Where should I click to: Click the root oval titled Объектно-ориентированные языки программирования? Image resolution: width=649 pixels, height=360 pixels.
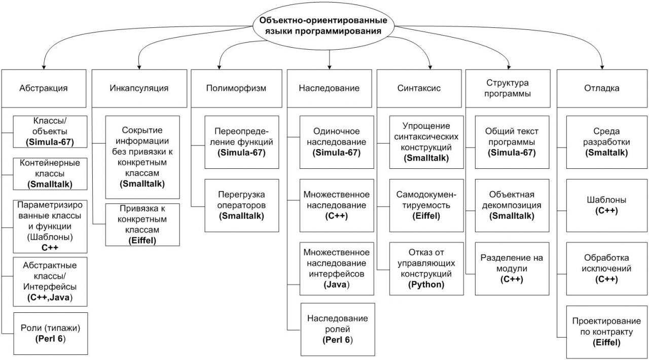[323, 26]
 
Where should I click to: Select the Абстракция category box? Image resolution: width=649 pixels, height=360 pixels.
[44, 88]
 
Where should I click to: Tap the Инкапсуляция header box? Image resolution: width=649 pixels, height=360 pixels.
[139, 88]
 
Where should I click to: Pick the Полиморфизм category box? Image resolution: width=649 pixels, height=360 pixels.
[236, 88]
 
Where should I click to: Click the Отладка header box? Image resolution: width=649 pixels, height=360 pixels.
[602, 88]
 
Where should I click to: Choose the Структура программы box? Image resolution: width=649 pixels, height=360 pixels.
[508, 88]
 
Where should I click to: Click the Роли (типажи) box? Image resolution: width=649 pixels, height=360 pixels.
[50, 333]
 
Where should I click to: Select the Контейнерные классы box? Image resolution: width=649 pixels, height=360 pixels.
[50, 173]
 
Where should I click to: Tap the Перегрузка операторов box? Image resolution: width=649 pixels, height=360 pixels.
[242, 205]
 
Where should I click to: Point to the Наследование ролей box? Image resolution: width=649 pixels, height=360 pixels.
[338, 329]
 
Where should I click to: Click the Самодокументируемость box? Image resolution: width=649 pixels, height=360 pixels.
[426, 205]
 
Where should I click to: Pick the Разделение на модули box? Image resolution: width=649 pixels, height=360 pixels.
[512, 269]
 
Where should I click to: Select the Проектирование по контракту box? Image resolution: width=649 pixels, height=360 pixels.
[607, 332]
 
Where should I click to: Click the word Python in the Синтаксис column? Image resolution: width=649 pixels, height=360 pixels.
[426, 284]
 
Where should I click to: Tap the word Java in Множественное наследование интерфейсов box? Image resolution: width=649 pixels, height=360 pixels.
[336, 284]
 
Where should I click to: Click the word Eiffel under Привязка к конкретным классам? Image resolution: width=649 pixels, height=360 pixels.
[142, 240]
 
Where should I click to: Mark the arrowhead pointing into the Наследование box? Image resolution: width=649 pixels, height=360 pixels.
[330, 66]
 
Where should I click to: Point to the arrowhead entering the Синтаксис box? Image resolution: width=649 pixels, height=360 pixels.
[430, 66]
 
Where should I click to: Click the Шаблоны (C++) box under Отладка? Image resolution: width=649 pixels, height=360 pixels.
[607, 205]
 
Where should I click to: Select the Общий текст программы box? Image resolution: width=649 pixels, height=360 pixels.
[512, 142]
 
